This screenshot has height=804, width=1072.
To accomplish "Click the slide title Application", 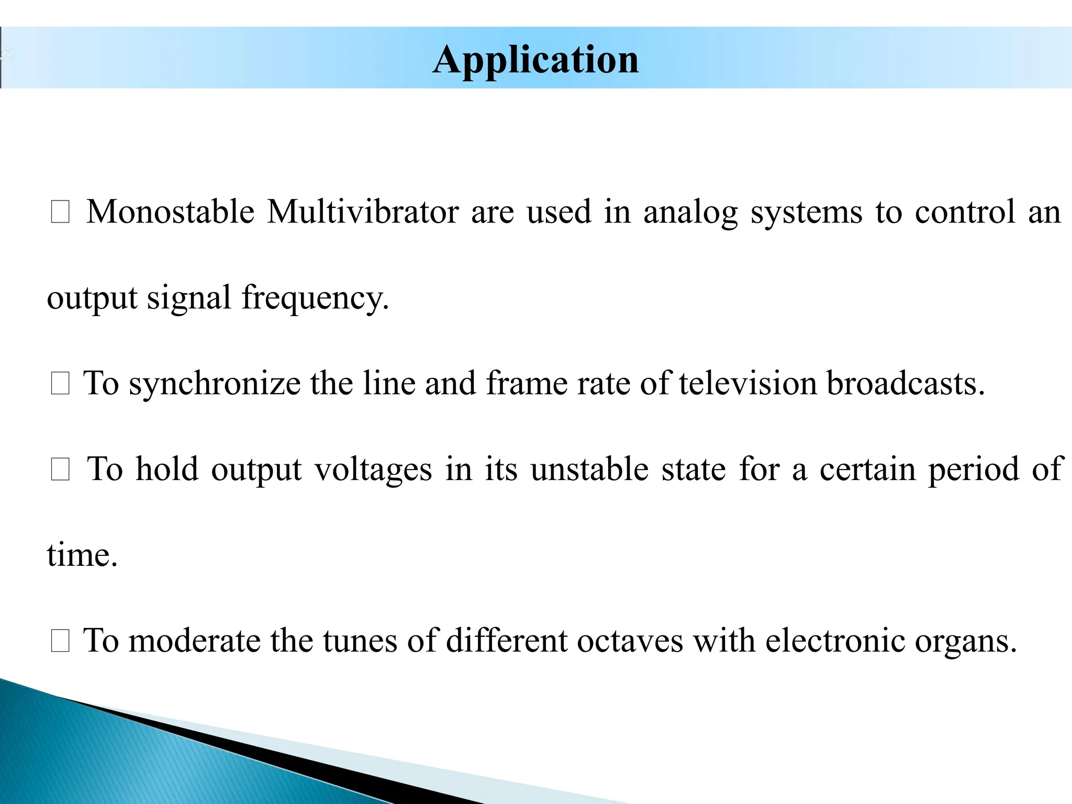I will tap(535, 60).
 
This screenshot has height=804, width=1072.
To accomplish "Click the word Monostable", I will tap(171, 212).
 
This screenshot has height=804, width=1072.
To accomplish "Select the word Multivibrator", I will tap(363, 212).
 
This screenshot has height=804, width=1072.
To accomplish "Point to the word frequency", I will tap(315, 298).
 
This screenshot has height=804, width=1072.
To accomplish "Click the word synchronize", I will tap(215, 384).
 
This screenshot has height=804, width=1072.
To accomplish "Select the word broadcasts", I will tap(906, 383).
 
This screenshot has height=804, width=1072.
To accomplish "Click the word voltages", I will tap(373, 470).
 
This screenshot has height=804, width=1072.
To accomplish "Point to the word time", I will tap(82, 555).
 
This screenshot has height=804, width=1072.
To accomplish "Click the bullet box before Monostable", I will tap(60, 213).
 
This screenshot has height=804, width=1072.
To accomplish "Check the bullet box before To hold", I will tap(60, 470).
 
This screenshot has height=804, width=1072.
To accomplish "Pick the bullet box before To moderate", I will tap(60, 642).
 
